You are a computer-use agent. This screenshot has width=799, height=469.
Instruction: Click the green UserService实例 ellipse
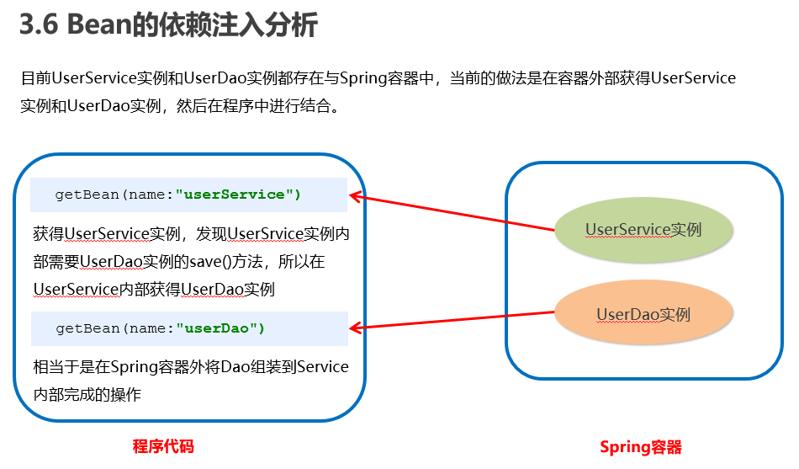tap(643, 229)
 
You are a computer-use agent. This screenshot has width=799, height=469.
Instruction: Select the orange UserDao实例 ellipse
tap(643, 314)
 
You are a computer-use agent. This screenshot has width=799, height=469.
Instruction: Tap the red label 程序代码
tap(163, 446)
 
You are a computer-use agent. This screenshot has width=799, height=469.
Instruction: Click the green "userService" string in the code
tap(238, 195)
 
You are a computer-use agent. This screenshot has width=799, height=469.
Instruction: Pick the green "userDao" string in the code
tap(220, 328)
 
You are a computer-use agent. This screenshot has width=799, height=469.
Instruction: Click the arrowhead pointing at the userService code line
tap(354, 196)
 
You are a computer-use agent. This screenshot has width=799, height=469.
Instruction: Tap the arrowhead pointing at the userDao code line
tap(354, 328)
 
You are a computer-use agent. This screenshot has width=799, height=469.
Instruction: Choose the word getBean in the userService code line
tap(87, 195)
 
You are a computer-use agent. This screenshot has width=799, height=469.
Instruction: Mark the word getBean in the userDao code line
tap(87, 328)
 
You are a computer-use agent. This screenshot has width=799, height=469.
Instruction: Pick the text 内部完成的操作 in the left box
tap(87, 394)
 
